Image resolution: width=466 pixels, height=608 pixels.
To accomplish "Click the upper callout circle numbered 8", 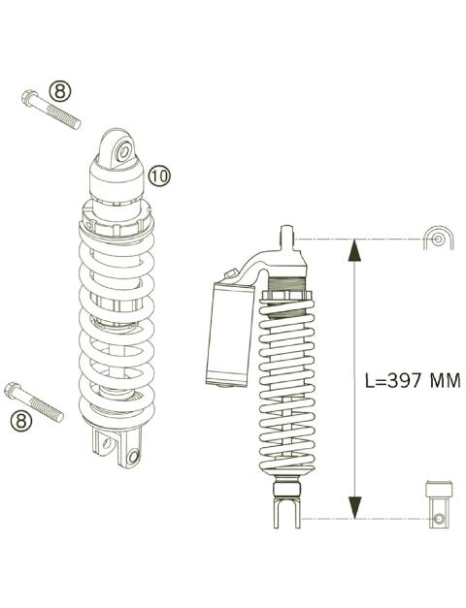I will click(60, 91).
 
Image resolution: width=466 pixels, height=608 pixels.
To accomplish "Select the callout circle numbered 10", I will click(159, 175).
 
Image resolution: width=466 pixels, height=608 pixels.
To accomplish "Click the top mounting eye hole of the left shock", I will click(123, 151).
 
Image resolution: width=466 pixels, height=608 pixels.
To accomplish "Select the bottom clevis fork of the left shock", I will click(116, 447).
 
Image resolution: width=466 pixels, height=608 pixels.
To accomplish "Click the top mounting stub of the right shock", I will click(286, 237).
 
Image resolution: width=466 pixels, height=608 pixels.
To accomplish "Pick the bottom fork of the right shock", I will click(285, 510).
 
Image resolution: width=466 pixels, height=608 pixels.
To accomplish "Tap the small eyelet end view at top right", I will click(437, 240).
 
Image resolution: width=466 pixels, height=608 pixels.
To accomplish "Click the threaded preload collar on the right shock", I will click(286, 288).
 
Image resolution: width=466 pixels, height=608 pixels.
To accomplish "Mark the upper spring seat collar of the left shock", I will click(116, 228).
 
